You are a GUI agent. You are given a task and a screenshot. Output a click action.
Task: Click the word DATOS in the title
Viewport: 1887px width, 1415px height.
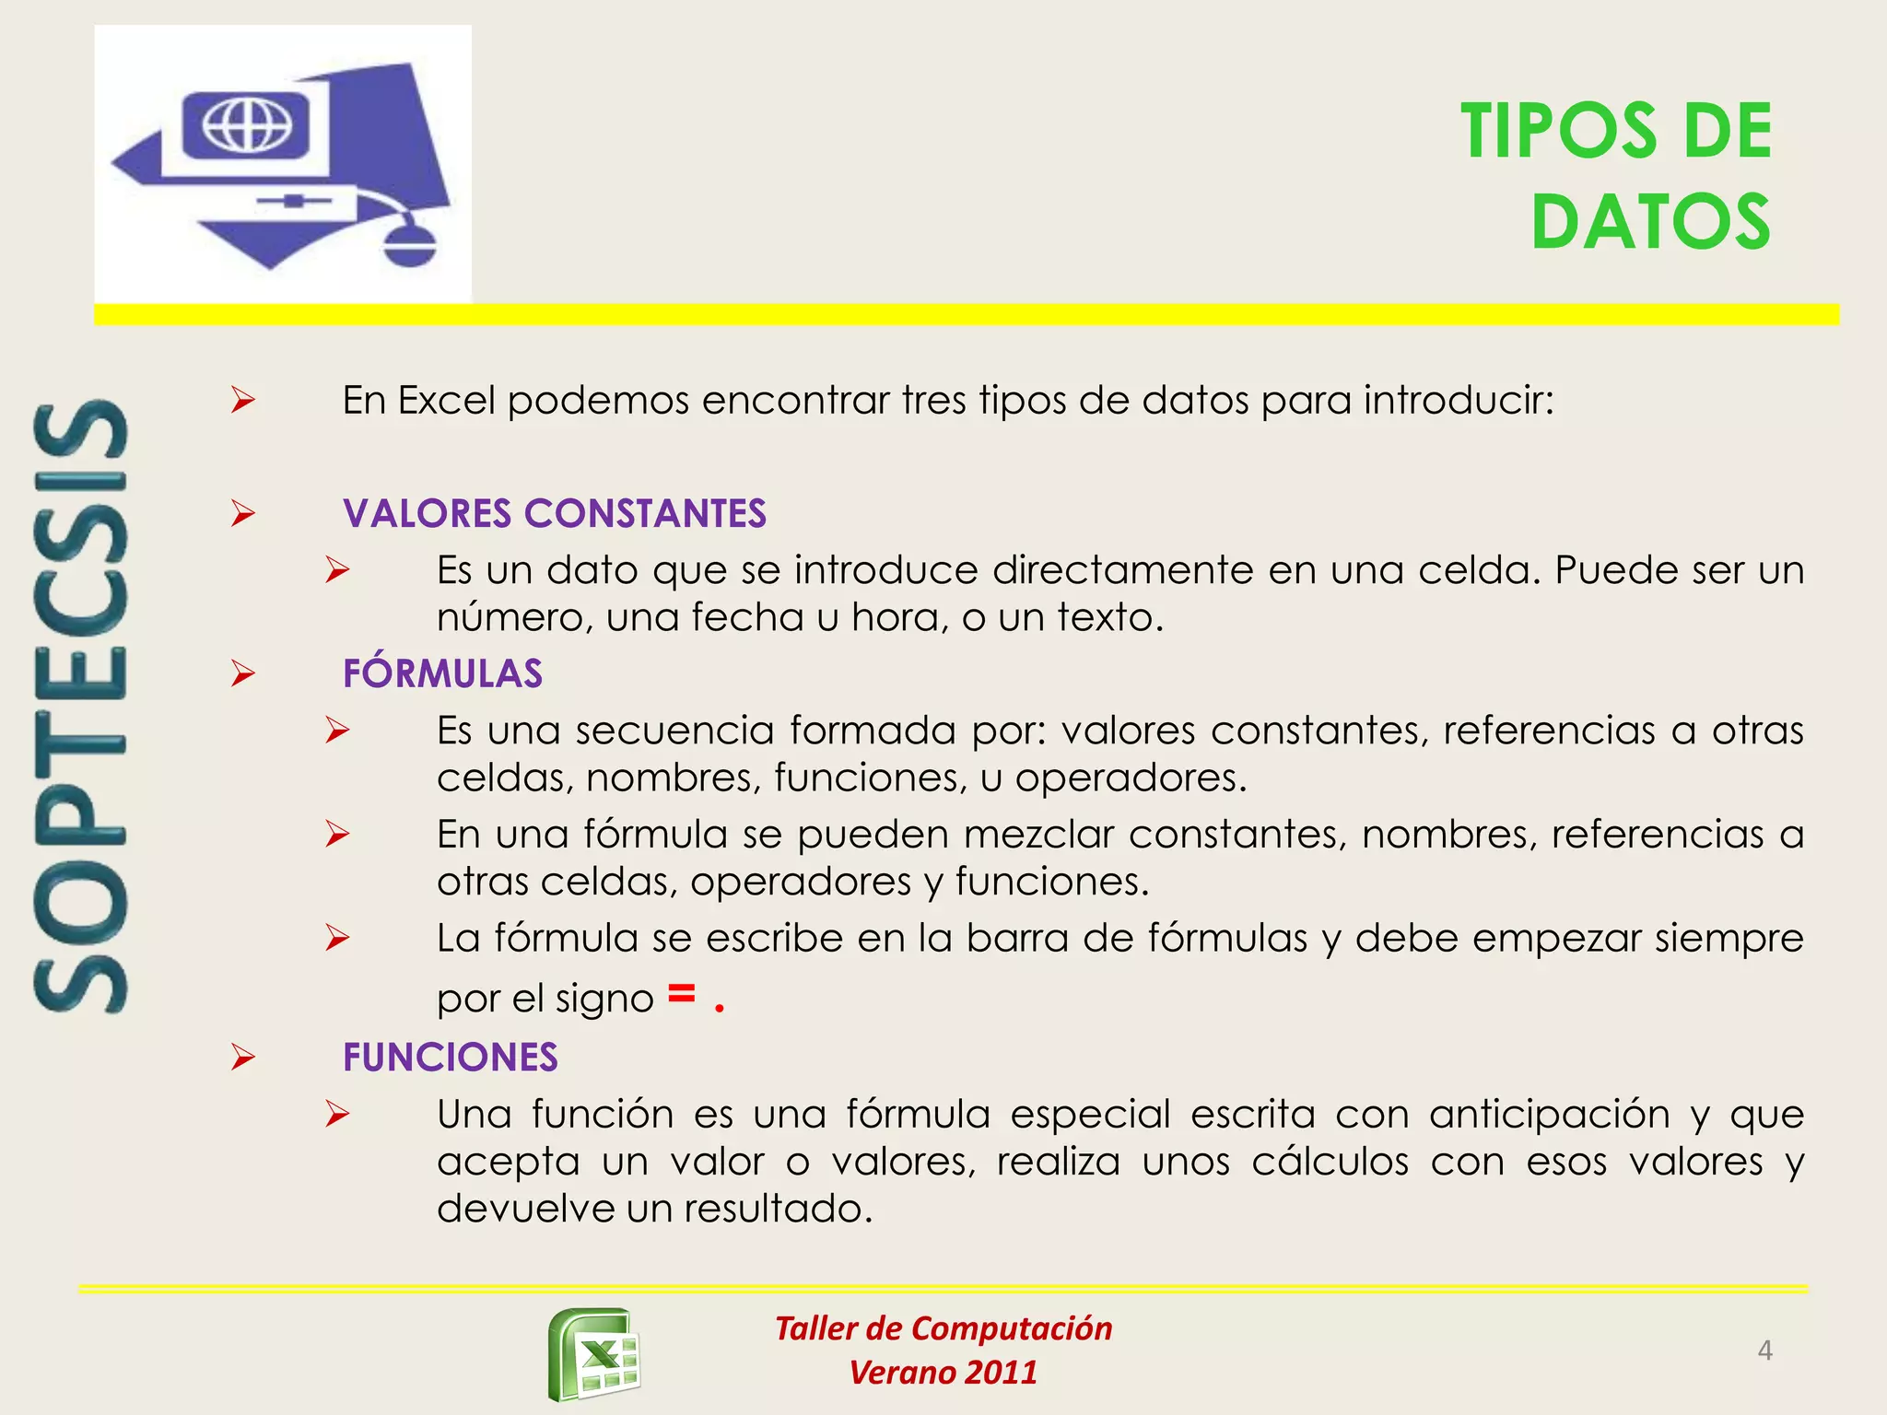[x=1650, y=222]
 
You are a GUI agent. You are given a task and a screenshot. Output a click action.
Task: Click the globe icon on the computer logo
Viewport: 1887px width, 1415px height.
[x=247, y=123]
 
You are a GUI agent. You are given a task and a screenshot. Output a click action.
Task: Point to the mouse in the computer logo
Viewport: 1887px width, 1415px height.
[x=409, y=244]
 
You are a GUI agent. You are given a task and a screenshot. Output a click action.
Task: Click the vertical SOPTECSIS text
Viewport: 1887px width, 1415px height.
[x=81, y=707]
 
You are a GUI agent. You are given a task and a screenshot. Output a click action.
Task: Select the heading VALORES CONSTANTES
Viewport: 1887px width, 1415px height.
[x=554, y=513]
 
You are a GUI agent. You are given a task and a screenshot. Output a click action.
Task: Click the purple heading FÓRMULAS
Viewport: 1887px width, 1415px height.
[x=442, y=673]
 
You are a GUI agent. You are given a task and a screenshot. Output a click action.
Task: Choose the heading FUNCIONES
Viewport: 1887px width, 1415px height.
[x=450, y=1058]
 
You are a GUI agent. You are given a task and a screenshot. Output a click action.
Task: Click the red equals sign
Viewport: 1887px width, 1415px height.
[x=681, y=993]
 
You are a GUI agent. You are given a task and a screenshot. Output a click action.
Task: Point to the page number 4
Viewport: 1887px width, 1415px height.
[x=1764, y=1351]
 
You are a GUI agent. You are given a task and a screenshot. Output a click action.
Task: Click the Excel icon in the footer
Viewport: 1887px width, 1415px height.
[x=595, y=1354]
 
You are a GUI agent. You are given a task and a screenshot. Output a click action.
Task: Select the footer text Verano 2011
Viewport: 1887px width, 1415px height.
[x=943, y=1373]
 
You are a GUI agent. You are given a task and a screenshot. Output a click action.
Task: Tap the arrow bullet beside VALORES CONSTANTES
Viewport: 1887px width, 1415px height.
[x=243, y=513]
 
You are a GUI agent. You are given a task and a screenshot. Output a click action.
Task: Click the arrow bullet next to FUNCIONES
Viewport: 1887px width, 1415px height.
[x=243, y=1057]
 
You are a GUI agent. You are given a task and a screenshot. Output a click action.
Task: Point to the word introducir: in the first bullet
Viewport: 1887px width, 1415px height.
[x=1459, y=401]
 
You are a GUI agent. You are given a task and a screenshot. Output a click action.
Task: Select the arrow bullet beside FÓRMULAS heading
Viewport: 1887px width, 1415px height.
[x=243, y=673]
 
